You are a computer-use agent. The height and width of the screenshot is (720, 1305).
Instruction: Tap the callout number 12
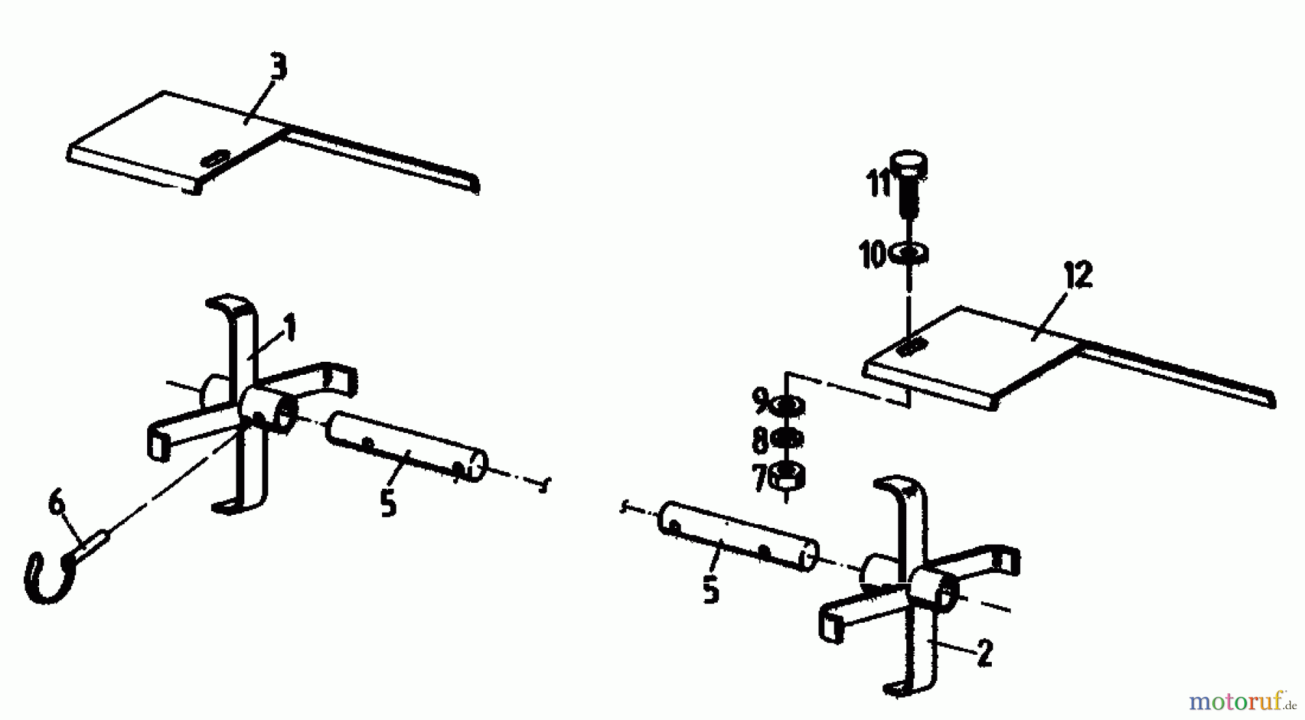1078,276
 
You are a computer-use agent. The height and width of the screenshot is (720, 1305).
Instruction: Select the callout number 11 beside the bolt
879,184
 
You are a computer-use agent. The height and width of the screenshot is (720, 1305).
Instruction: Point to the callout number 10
873,255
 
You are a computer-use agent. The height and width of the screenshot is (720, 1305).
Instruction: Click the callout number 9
760,400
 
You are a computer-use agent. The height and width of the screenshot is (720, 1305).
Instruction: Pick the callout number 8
760,440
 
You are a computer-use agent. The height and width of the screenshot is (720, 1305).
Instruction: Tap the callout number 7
760,479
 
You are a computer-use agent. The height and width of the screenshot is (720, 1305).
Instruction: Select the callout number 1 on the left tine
290,328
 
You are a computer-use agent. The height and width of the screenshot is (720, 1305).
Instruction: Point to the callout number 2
984,653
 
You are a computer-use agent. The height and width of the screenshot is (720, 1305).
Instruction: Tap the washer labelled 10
909,254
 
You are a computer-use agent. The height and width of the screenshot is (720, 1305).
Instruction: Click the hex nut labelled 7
787,476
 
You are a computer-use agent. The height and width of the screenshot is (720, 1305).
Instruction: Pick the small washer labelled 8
787,439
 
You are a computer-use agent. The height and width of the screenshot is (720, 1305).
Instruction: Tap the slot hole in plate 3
215,158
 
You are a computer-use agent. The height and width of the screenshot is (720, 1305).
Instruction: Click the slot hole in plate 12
911,346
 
